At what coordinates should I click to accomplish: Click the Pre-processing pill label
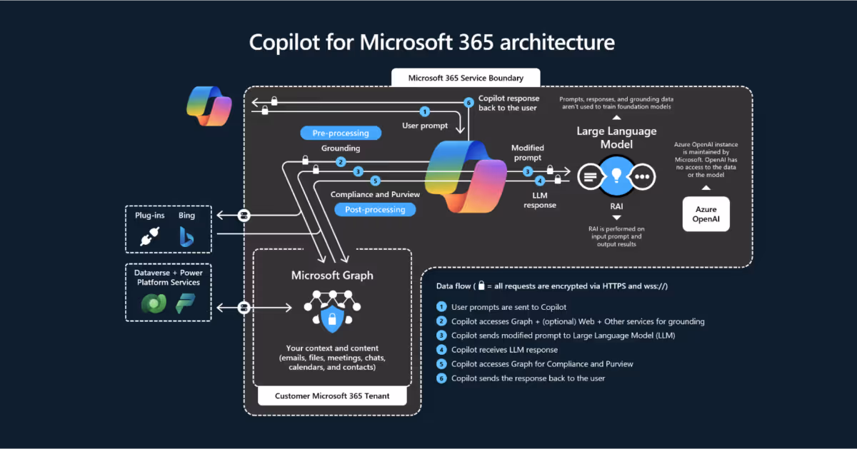[x=341, y=133]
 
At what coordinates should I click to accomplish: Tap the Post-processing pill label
[x=375, y=210]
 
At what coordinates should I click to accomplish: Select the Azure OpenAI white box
[x=706, y=214]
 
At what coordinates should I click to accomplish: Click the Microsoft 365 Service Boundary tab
[x=466, y=78]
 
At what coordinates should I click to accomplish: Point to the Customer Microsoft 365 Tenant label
[x=332, y=396]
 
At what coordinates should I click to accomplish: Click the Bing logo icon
[x=186, y=237]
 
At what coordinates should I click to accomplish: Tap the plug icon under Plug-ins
[x=149, y=236]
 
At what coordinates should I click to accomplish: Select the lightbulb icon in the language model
[x=616, y=176]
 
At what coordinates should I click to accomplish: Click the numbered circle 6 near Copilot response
[x=468, y=103]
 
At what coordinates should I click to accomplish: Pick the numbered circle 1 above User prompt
[x=425, y=111]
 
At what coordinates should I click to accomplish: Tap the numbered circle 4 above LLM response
[x=540, y=181]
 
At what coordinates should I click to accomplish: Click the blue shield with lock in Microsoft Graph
[x=332, y=318]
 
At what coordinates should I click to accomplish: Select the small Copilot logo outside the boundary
[x=209, y=106]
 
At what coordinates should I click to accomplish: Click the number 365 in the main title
[x=476, y=42]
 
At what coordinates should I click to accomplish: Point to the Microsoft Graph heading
[x=332, y=276]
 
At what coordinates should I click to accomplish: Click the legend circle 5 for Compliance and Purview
[x=441, y=364]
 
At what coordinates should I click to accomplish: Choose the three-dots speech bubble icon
[x=643, y=177]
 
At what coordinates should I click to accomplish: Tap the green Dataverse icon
[x=154, y=303]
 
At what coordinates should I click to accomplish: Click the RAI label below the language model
[x=616, y=206]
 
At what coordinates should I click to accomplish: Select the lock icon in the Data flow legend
[x=481, y=286]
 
